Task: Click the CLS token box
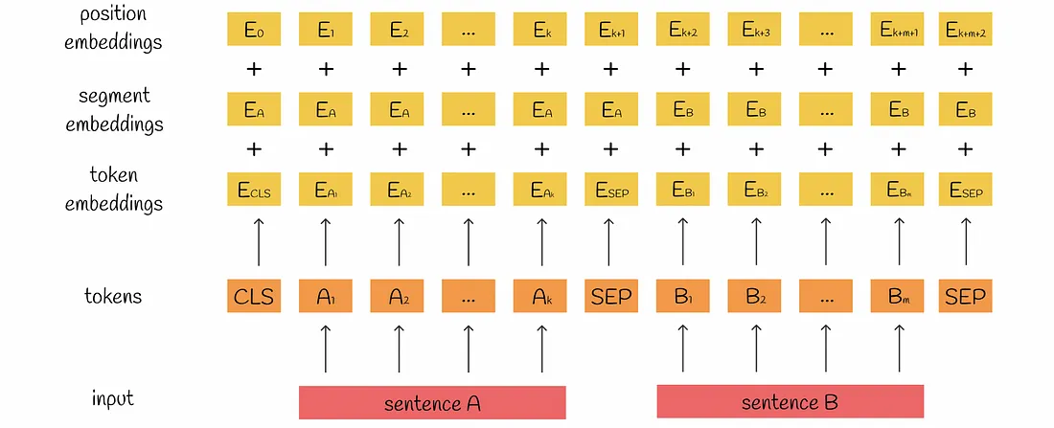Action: (x=255, y=297)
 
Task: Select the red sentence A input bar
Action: (x=433, y=402)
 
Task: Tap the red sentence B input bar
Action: (x=790, y=402)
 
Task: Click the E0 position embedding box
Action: (x=255, y=30)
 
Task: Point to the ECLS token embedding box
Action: (x=255, y=190)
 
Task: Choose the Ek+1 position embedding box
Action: (x=612, y=30)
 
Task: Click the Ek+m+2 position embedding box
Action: (x=966, y=30)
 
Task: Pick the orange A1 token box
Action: (x=326, y=297)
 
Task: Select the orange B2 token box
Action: (x=753, y=297)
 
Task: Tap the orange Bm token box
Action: (x=898, y=297)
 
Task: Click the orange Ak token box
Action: (x=541, y=297)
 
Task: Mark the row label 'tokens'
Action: (x=113, y=296)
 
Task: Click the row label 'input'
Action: (x=113, y=397)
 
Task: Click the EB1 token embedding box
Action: (x=682, y=190)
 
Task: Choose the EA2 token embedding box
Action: (x=398, y=190)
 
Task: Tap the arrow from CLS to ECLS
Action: (x=255, y=242)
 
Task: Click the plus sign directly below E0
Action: (x=255, y=69)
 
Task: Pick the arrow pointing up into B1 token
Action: (x=682, y=348)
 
